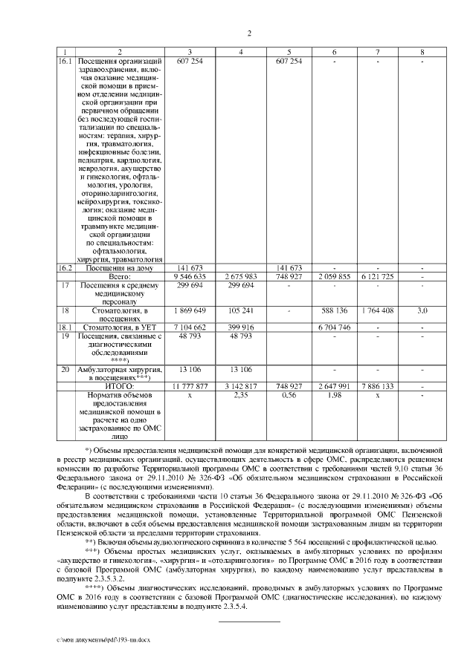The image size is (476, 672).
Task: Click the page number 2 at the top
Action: click(x=249, y=33)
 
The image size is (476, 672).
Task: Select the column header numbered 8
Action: click(x=422, y=51)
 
